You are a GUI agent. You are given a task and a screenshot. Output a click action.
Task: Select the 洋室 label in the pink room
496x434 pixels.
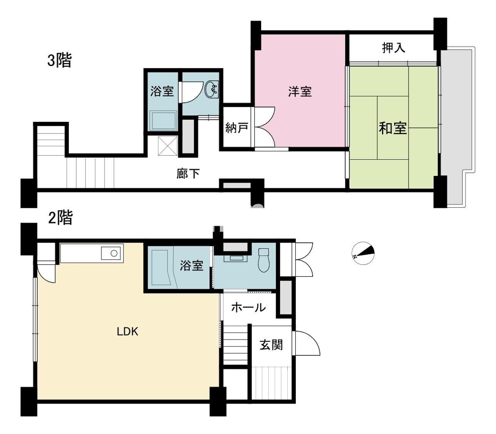300,91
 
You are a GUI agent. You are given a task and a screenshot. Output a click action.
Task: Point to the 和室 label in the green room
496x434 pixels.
393,128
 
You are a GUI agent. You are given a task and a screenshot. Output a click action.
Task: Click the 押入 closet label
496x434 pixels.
394,47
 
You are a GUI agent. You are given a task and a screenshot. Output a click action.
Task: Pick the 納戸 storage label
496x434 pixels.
236,128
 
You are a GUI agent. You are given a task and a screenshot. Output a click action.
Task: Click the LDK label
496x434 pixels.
127,331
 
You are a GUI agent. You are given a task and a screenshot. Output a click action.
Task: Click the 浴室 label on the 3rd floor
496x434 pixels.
162,91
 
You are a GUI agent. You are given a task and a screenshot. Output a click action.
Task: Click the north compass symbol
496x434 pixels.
363,253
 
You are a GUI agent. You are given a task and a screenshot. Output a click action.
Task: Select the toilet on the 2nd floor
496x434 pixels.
264,260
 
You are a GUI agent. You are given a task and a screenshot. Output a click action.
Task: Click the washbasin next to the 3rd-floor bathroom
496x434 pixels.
212,90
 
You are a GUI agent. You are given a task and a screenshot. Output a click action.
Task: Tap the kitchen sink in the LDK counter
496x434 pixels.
111,253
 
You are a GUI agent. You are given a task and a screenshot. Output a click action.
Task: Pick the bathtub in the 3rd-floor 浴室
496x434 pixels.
163,121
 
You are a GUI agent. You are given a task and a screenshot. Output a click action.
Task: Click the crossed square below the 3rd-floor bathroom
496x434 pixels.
168,145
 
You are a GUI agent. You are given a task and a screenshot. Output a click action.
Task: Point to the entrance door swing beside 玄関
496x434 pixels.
307,343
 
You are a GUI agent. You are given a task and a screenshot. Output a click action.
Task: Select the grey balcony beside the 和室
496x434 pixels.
456,126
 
